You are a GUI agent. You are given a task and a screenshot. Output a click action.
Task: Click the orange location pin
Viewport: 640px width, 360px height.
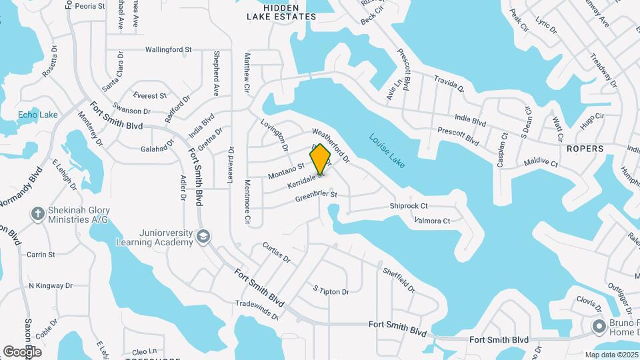[x=321, y=159]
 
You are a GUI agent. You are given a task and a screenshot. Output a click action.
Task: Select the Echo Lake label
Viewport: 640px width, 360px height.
[x=37, y=115]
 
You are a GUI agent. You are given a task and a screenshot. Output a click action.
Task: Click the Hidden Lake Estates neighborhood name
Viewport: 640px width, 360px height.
[x=281, y=12]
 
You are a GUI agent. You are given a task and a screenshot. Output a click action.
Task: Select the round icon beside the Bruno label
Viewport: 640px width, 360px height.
[x=599, y=326]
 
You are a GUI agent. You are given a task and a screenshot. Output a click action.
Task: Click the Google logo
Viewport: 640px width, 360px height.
[x=22, y=351]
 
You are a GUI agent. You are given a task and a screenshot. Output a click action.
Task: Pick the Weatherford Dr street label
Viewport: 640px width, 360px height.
[x=331, y=145]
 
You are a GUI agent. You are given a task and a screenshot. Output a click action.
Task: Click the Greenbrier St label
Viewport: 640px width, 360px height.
[x=317, y=195]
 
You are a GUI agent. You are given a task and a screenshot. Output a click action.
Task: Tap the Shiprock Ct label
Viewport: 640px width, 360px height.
[x=409, y=207]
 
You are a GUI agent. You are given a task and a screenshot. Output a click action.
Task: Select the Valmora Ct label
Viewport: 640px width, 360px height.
[x=432, y=221]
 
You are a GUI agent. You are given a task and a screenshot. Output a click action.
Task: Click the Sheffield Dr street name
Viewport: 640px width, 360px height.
[x=399, y=280]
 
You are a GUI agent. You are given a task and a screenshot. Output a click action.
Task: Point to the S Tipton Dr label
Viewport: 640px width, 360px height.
[x=331, y=291]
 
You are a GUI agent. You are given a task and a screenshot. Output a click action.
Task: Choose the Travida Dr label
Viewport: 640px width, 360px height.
[x=449, y=84]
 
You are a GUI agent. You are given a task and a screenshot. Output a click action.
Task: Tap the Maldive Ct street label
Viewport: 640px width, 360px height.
[x=540, y=162]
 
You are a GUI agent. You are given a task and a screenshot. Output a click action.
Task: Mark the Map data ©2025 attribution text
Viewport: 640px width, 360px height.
[x=611, y=355]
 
